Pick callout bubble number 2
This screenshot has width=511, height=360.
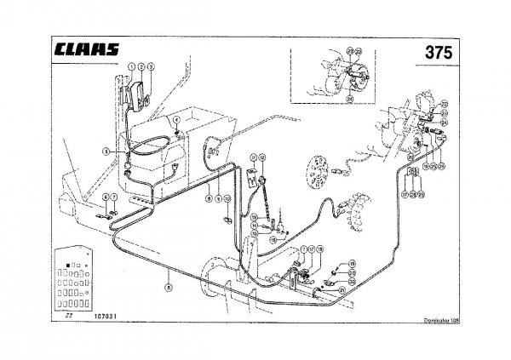pos(141,66)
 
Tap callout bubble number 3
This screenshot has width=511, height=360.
pos(150,66)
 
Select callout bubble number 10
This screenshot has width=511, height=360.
pos(228,198)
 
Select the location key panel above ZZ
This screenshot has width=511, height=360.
pos(72,279)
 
